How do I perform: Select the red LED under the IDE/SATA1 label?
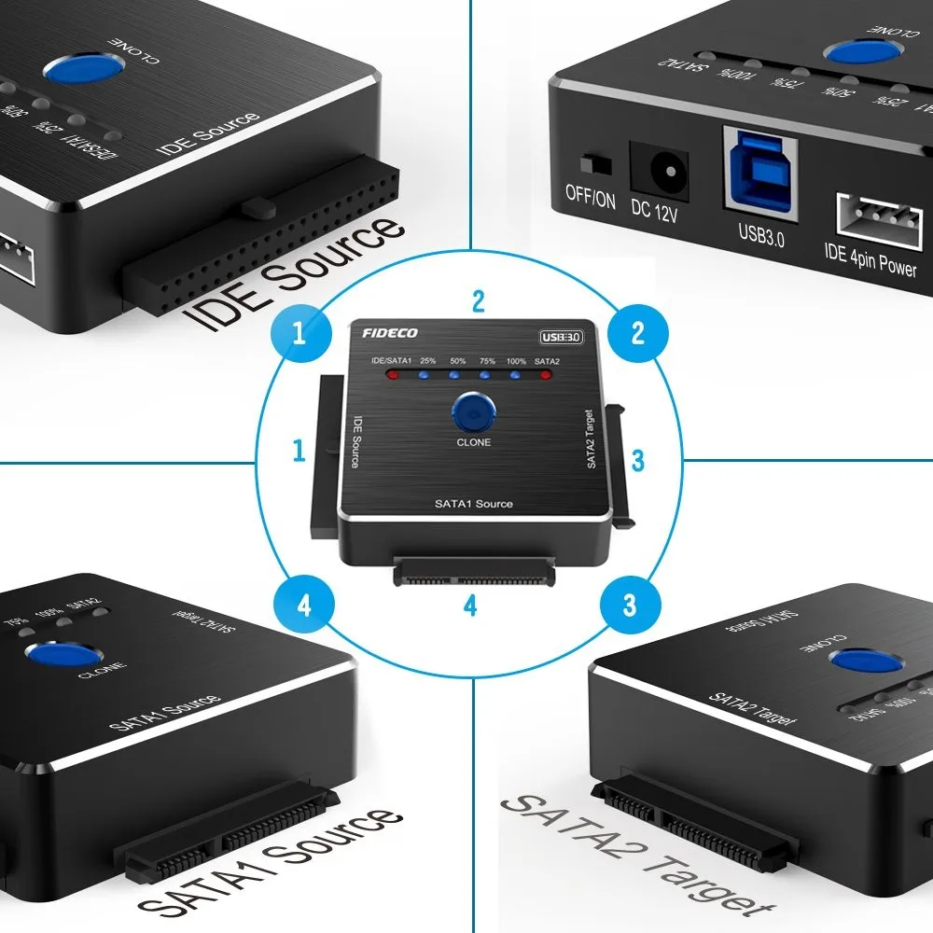(x=393, y=376)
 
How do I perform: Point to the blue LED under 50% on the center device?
(x=454, y=377)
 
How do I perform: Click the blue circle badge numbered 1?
(x=299, y=334)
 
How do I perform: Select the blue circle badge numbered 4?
(x=302, y=606)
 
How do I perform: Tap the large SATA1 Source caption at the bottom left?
(x=271, y=863)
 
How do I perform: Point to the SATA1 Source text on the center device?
(x=473, y=504)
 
